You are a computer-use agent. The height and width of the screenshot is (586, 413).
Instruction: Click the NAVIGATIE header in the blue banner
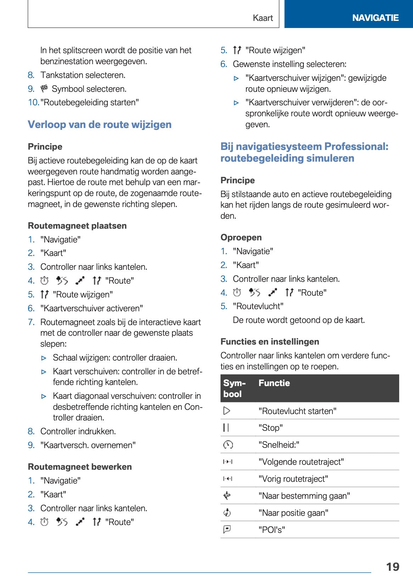click(x=375, y=18)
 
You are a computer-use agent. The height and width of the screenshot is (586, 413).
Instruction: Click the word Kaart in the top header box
click(x=263, y=18)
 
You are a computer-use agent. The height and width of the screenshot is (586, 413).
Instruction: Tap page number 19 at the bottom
click(x=392, y=567)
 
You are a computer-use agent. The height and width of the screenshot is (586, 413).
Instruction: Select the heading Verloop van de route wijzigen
click(x=100, y=124)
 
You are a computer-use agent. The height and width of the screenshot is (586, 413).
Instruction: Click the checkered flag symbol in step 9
click(x=44, y=88)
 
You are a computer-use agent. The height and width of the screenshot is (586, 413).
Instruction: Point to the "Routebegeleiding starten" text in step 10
click(x=90, y=102)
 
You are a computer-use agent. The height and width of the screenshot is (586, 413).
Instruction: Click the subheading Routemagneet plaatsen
click(x=77, y=226)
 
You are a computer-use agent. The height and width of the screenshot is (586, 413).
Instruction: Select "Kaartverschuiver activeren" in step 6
click(x=92, y=308)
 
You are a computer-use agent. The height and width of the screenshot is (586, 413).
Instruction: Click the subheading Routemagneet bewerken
click(x=80, y=467)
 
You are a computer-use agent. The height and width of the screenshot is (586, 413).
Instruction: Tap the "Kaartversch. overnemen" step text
click(x=88, y=445)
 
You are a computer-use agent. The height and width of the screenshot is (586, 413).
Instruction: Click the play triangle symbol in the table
click(x=227, y=411)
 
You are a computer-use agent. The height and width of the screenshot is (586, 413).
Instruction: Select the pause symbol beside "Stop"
click(x=226, y=428)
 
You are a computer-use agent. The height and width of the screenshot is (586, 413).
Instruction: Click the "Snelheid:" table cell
click(x=279, y=445)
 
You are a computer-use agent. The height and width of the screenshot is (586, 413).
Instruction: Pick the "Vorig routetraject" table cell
click(x=293, y=479)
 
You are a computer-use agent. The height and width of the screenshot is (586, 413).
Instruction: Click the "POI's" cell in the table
click(x=272, y=530)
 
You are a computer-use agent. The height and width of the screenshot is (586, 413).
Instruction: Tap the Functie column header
click(x=274, y=383)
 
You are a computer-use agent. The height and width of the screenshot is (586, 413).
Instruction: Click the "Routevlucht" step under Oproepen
click(x=258, y=306)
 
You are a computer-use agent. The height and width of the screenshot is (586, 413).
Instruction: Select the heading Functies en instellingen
click(x=270, y=342)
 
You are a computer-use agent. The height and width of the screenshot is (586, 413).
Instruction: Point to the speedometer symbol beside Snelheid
click(x=228, y=445)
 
